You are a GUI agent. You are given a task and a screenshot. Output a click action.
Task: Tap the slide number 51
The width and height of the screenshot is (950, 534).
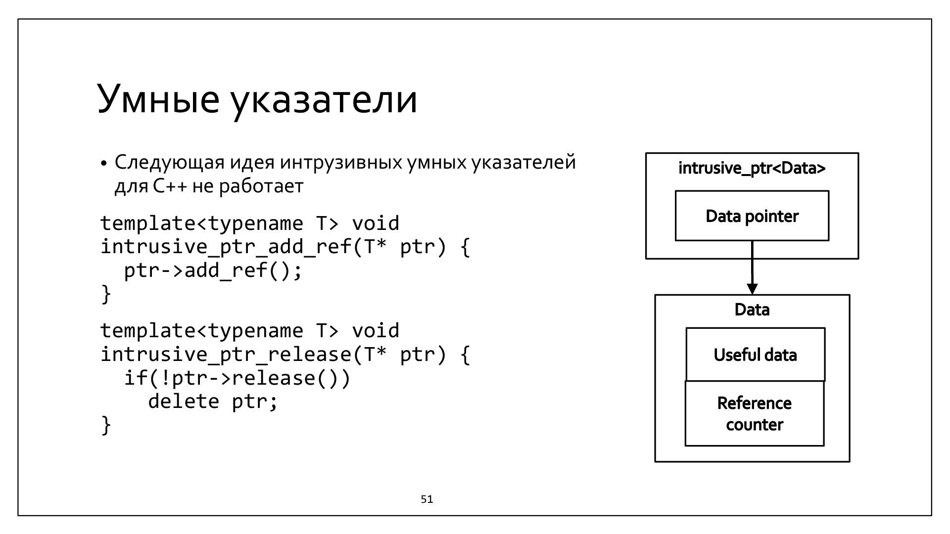click(427, 499)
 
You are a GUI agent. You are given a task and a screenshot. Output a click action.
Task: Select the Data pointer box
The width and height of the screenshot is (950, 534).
click(752, 216)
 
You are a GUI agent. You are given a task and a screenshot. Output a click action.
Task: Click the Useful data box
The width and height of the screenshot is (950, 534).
click(755, 355)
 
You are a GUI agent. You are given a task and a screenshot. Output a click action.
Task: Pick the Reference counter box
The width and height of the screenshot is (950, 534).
click(754, 414)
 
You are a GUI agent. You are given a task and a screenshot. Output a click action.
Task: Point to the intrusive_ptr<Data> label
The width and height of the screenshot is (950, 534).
click(752, 169)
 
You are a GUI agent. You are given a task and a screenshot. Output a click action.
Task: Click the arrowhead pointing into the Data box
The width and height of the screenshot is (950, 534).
click(752, 289)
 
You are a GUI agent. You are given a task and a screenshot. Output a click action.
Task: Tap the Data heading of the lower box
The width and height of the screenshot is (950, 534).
click(752, 310)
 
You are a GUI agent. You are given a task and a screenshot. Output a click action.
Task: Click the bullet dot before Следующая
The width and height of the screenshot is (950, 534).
click(103, 164)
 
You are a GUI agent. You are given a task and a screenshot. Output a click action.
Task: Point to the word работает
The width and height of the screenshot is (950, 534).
click(261, 186)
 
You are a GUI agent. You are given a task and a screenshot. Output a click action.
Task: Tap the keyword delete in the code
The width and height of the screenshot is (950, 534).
click(184, 401)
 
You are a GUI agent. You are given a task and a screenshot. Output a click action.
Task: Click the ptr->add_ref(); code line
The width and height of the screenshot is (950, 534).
click(213, 270)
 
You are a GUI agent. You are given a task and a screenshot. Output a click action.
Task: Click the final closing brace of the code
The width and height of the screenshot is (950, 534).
click(106, 425)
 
